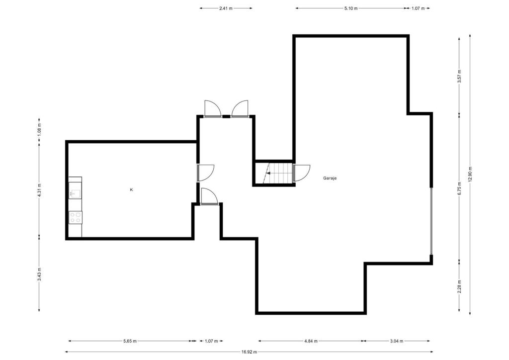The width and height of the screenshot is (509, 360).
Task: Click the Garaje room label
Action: [x=330, y=178]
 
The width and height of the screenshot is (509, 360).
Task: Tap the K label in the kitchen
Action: [x=131, y=189]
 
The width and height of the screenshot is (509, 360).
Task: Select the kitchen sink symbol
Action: [x=76, y=194]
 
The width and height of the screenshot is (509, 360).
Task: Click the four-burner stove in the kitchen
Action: [x=76, y=217]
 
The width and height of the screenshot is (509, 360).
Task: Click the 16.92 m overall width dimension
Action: [x=250, y=352]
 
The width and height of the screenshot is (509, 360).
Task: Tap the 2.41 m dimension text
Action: [x=226, y=8]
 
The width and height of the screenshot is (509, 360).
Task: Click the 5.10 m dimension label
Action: [x=351, y=8]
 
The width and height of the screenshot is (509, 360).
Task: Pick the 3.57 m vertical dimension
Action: [x=459, y=77]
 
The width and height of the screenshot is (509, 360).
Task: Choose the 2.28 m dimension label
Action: [x=459, y=286]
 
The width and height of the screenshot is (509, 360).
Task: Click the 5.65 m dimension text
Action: [x=130, y=341]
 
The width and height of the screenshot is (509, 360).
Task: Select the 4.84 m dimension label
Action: [x=311, y=341]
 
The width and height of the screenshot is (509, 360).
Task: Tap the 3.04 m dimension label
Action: [x=396, y=341]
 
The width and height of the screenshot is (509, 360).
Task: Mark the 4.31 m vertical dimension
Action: [x=39, y=190]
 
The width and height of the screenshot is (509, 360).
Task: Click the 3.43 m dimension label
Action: [x=39, y=274]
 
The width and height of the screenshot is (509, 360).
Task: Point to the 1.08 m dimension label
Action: [x=39, y=130]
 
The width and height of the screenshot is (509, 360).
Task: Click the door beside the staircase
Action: [x=302, y=173]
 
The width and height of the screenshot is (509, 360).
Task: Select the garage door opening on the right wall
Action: [x=431, y=221]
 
